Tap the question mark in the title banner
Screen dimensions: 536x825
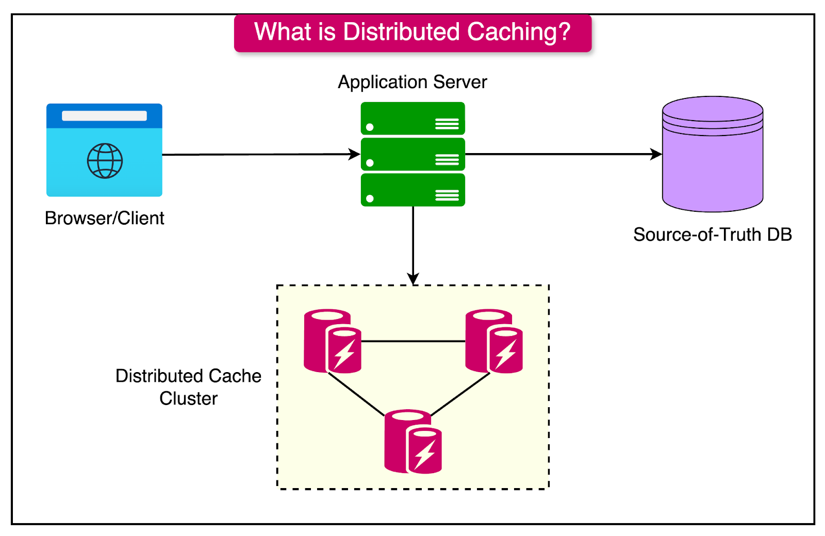[x=564, y=32]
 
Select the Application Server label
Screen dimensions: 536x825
[x=412, y=82]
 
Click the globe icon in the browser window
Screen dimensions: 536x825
[x=105, y=161]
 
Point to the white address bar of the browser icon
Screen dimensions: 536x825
[x=104, y=116]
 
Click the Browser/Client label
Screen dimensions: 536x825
[x=104, y=218]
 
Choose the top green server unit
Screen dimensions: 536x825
[x=412, y=118]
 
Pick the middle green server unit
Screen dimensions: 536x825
[x=412, y=154]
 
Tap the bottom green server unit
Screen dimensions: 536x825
[x=412, y=190]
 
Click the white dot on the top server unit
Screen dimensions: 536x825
[x=370, y=127]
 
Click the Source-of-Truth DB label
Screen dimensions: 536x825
[x=712, y=234]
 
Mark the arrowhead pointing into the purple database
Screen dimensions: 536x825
[x=657, y=154]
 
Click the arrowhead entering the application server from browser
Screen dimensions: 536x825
[x=355, y=154]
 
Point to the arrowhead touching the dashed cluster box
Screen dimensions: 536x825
[x=413, y=279]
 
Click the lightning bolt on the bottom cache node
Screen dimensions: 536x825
[x=425, y=454]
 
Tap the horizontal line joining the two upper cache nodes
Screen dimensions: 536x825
[x=412, y=341]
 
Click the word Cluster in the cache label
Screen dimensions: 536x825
[x=188, y=398]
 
